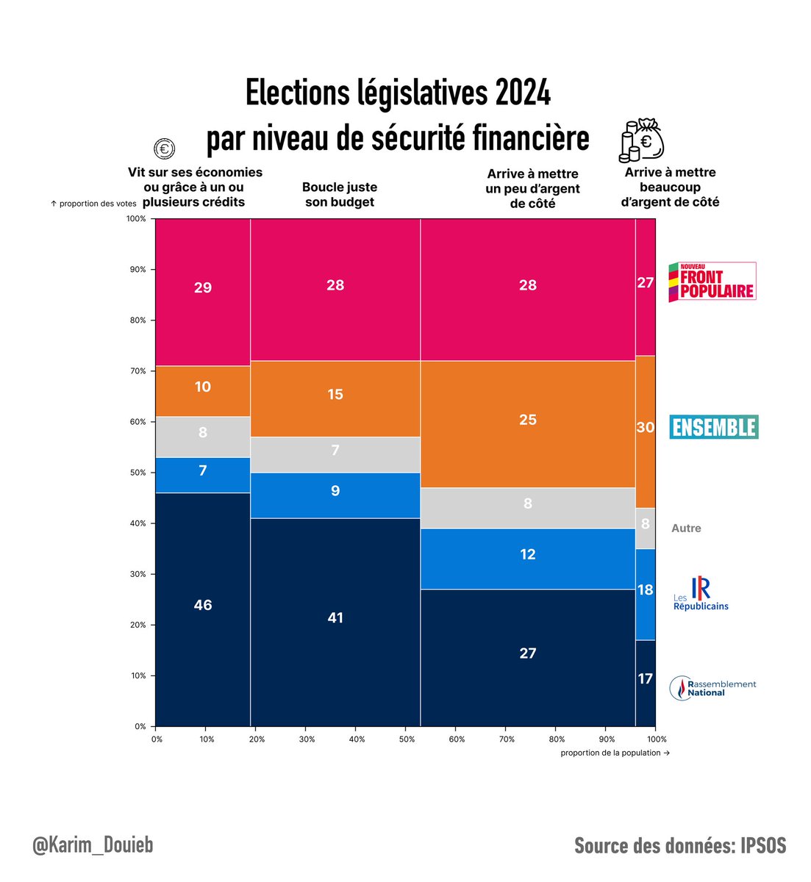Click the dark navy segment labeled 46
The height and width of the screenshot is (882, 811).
pyautogui.click(x=203, y=604)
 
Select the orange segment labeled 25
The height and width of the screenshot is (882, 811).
pyautogui.click(x=527, y=420)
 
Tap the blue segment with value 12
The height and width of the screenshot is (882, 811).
pyautogui.click(x=527, y=554)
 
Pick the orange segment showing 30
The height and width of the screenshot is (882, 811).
pyautogui.click(x=645, y=427)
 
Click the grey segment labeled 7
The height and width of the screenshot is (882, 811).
pyautogui.click(x=335, y=450)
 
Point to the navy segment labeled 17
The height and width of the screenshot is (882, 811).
pyautogui.click(x=645, y=679)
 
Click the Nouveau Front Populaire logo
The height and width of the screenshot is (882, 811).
pyautogui.click(x=712, y=282)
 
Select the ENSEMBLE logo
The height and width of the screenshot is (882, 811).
pyautogui.click(x=713, y=427)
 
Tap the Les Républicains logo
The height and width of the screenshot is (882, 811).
pyautogui.click(x=701, y=595)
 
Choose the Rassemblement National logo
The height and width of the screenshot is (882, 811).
pyautogui.click(x=712, y=688)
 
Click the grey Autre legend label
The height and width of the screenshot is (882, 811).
pyautogui.click(x=686, y=528)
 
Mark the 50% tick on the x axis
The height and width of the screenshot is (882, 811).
pyautogui.click(x=406, y=739)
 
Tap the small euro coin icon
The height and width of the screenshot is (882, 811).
pyautogui.click(x=164, y=149)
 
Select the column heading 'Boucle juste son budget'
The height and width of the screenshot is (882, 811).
pyautogui.click(x=340, y=195)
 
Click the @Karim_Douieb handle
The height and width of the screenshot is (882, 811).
pyautogui.click(x=93, y=845)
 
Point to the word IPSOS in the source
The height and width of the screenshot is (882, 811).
pyautogui.click(x=761, y=846)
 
